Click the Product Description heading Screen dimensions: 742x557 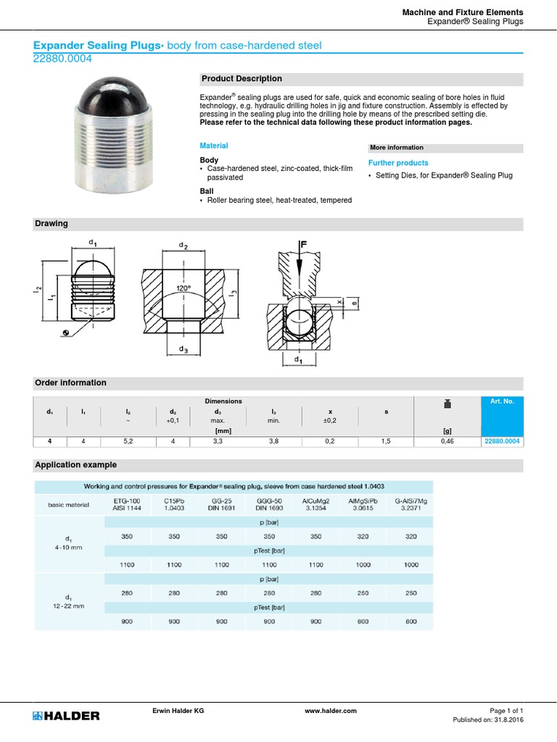(x=242, y=79)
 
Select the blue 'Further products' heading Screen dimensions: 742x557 (x=398, y=163)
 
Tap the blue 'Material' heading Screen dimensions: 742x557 (x=213, y=146)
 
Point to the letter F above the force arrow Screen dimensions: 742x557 (x=305, y=246)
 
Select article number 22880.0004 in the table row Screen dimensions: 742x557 (x=501, y=441)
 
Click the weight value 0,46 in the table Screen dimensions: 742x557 (x=447, y=441)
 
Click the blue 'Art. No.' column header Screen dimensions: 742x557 (x=501, y=401)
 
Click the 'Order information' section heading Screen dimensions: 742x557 (x=70, y=383)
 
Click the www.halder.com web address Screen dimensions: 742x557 (x=331, y=711)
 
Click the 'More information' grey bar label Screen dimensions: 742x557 (x=397, y=148)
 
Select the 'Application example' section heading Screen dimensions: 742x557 (x=75, y=464)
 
